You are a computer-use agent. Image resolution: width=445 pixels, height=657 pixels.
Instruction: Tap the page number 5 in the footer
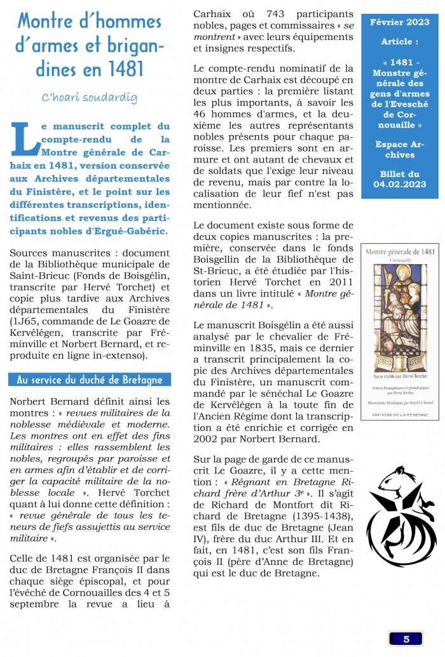click(x=406, y=639)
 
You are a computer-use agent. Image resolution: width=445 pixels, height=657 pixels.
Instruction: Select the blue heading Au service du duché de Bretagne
click(x=90, y=380)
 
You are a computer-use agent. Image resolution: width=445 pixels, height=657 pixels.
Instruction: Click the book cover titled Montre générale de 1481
click(x=400, y=331)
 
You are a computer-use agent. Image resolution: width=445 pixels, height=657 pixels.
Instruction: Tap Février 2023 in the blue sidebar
click(x=400, y=23)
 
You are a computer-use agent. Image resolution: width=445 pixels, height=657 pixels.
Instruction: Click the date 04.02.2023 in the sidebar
click(x=400, y=184)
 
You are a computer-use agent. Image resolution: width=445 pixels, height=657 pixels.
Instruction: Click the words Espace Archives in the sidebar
click(x=400, y=150)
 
